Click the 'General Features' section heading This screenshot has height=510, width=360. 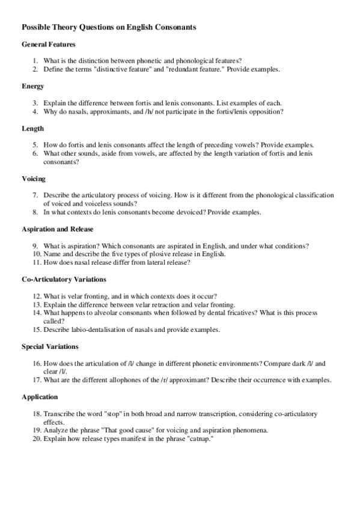tap(48, 45)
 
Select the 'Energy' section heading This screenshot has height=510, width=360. tap(33, 86)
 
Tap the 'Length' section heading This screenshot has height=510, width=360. tap(32, 128)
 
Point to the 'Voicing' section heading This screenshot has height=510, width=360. tap(34, 179)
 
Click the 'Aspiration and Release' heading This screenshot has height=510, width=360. tap(57, 229)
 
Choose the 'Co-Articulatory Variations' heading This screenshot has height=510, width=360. tap(64, 279)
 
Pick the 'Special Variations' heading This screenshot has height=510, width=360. tap(50, 346)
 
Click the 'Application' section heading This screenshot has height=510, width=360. tap(40, 397)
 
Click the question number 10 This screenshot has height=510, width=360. tap(37, 254)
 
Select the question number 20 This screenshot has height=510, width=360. tap(37, 438)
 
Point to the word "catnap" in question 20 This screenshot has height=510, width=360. tap(200, 438)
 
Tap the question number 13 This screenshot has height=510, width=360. tap(37, 304)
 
